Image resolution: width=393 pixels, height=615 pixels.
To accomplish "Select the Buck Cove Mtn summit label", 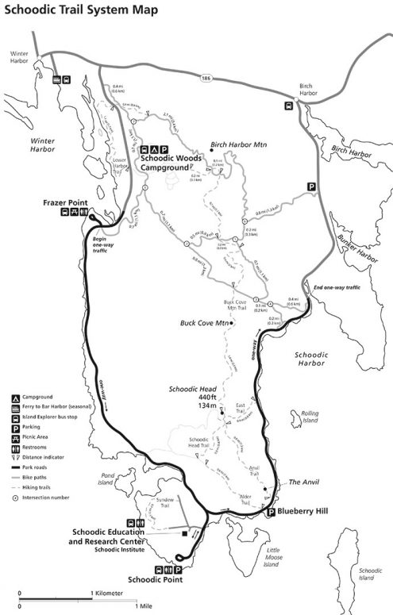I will point(205,323).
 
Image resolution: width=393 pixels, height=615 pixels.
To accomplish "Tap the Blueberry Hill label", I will point(305,512).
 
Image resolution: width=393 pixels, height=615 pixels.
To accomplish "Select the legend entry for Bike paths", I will point(40,478).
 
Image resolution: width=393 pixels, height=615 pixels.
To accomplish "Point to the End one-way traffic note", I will point(338,286).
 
